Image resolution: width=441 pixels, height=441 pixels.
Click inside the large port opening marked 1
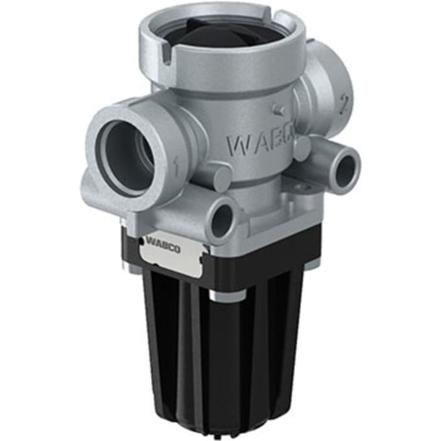point(128,156)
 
